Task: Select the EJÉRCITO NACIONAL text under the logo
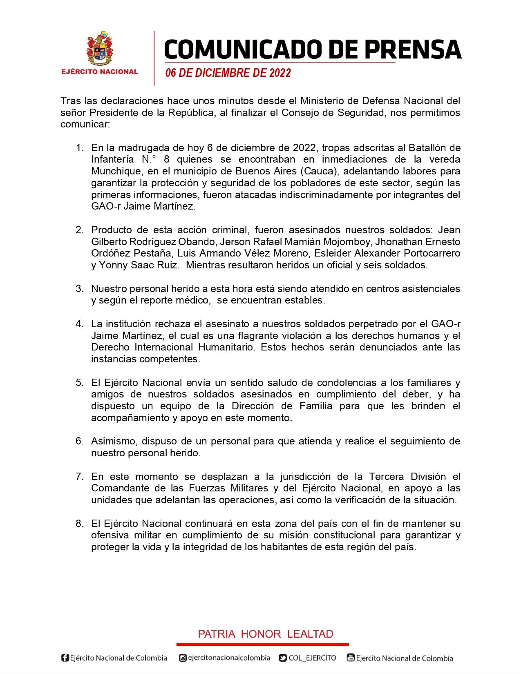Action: point(100,72)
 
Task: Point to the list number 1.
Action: point(80,147)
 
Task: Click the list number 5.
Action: point(80,383)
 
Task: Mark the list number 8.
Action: point(80,524)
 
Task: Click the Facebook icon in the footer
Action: point(65,658)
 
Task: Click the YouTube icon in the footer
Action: point(350,658)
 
